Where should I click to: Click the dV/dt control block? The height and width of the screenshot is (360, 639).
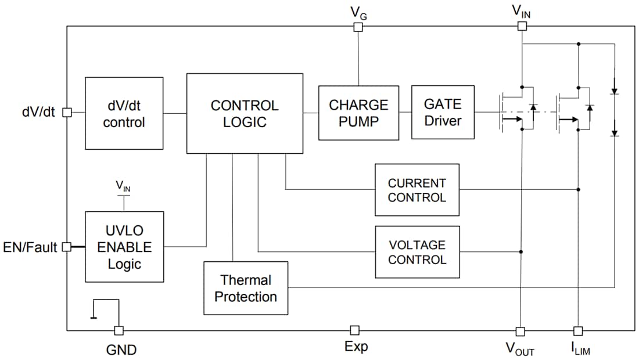point(124,114)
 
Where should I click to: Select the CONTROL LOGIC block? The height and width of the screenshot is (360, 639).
point(245,114)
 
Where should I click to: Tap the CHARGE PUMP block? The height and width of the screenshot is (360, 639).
point(358,113)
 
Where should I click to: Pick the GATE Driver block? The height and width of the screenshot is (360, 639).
point(443,112)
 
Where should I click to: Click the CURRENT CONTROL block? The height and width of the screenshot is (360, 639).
point(417,190)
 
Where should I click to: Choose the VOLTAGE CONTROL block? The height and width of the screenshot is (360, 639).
point(417,252)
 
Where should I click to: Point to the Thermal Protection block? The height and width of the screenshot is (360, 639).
point(246,289)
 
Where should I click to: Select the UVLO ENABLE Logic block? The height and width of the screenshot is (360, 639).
point(124,247)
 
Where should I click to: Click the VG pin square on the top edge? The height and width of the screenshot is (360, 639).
point(358,26)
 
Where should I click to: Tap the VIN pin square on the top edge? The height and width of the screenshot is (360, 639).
point(522,26)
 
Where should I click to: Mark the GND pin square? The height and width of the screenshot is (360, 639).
point(119,330)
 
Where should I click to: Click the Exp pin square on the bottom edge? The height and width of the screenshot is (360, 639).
point(354,330)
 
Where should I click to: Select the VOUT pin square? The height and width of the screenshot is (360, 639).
point(520,331)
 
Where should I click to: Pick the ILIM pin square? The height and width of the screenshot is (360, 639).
point(577,331)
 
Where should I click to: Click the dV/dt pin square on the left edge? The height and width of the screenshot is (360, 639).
point(67,112)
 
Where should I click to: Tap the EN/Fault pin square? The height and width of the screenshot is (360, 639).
point(67,247)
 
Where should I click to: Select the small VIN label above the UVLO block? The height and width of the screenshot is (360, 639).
point(123,186)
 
